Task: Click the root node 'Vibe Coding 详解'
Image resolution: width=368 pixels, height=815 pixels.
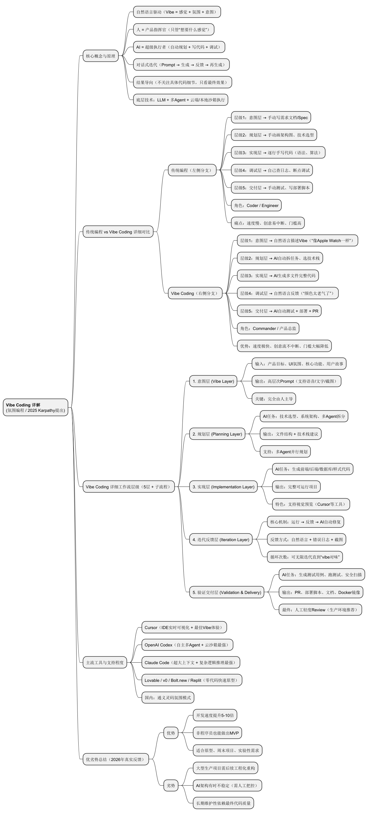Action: click(35, 407)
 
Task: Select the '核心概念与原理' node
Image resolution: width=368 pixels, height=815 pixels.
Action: click(100, 56)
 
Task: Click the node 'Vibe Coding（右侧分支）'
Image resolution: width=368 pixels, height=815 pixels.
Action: click(195, 293)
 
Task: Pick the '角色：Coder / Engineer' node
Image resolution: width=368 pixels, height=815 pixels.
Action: click(256, 205)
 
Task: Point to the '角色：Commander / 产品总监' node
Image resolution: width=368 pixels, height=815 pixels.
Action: click(268, 328)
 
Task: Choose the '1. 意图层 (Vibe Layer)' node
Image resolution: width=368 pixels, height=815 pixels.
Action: click(213, 381)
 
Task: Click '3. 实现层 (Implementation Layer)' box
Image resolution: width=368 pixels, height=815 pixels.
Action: click(223, 487)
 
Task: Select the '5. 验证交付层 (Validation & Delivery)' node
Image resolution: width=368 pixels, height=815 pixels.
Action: click(227, 592)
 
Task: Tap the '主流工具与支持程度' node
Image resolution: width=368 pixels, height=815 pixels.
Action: click(104, 663)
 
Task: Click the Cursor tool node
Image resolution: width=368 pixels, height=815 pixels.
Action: click(184, 628)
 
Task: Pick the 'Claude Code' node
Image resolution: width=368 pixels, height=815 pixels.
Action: click(190, 663)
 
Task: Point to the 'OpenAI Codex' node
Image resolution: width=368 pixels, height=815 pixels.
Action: click(187, 645)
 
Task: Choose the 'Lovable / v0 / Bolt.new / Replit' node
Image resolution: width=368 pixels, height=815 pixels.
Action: click(191, 680)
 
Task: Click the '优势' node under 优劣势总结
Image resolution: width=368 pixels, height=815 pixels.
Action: click(171, 733)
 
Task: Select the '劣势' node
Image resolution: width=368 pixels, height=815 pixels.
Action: click(171, 785)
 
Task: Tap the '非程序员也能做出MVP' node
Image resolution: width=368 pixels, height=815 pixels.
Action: click(217, 733)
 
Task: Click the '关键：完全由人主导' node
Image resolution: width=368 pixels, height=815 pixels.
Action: click(274, 399)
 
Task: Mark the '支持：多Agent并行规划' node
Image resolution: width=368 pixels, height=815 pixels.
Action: click(285, 451)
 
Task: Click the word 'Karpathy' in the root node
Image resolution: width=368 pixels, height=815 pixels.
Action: click(47, 410)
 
